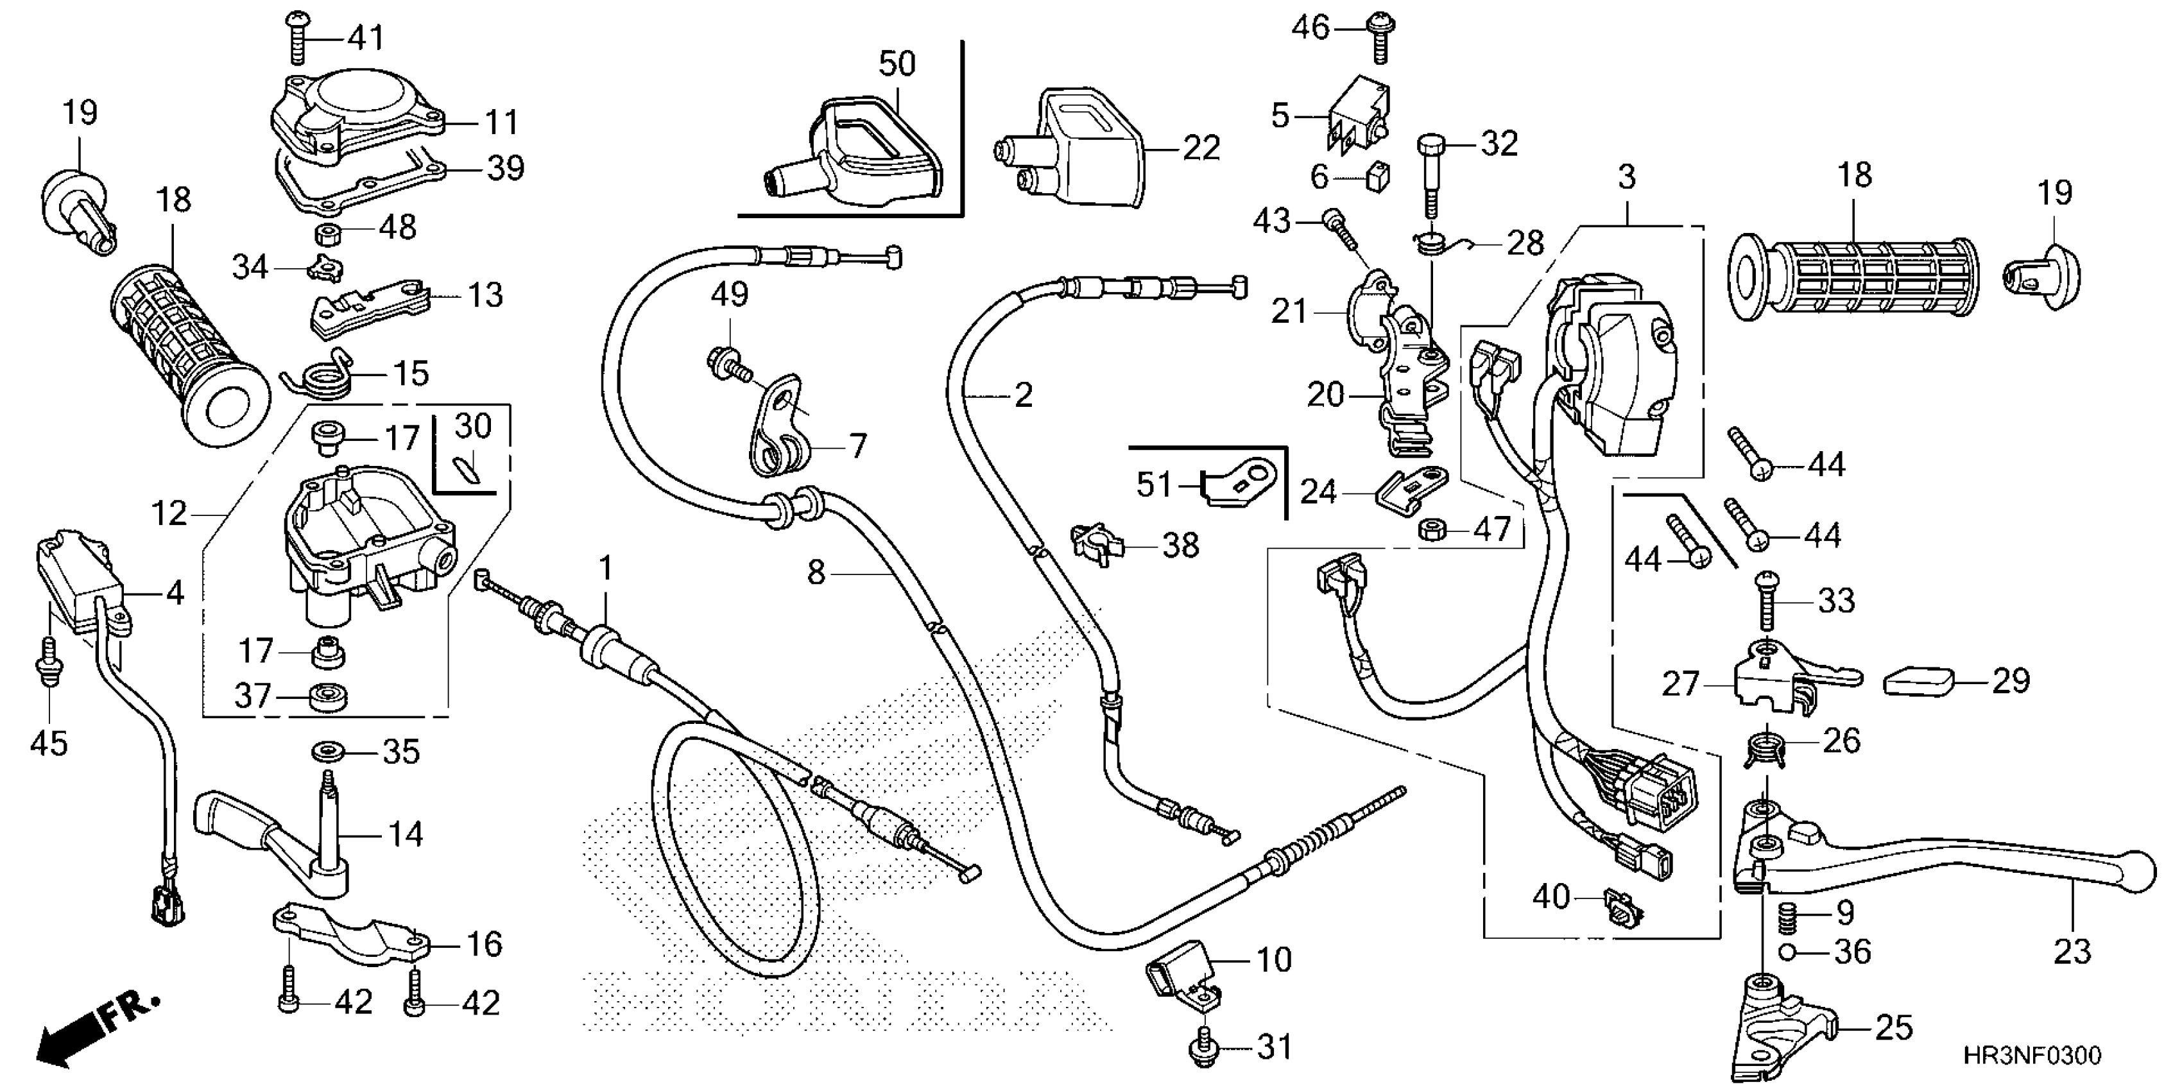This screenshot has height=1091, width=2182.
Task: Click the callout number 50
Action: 897,64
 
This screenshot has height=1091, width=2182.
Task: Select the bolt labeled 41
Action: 297,37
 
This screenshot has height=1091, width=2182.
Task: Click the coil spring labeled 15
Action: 320,374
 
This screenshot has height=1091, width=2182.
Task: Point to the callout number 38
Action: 1181,545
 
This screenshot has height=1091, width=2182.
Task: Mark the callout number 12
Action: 169,513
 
